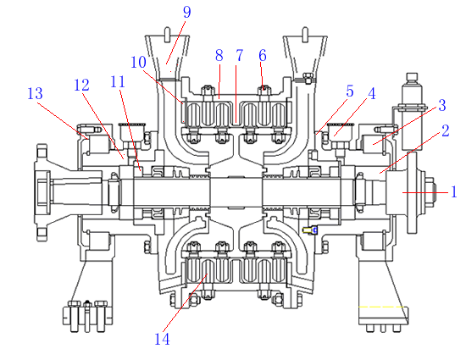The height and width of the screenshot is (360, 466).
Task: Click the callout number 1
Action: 453,192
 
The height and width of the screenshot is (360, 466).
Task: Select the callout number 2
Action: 445,131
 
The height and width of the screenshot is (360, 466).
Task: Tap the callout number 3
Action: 442,105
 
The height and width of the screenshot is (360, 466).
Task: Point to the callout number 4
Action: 372,93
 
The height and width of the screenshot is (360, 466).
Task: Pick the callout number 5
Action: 350,91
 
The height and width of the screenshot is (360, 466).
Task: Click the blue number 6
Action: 263,56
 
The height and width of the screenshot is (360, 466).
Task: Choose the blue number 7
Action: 239,55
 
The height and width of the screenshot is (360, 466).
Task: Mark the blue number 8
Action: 219,56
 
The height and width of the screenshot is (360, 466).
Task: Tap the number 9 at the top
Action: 186,12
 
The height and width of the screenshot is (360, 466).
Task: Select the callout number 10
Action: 138,63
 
